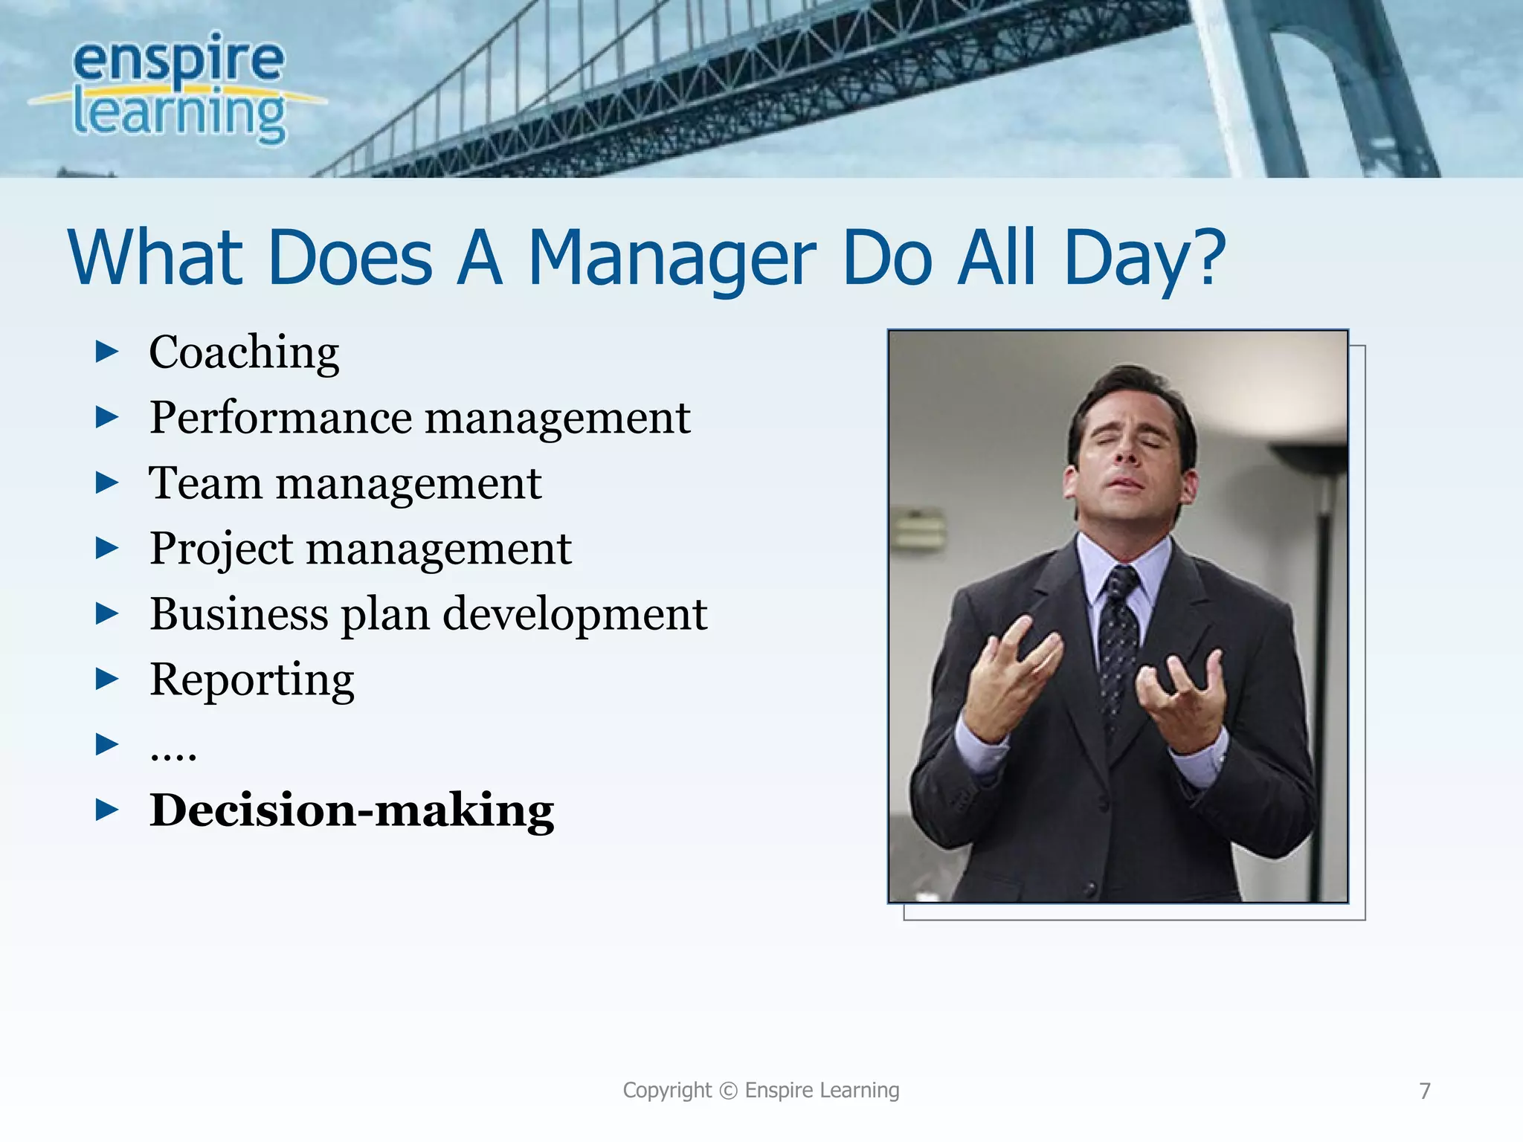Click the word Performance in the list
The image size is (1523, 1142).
pos(280,417)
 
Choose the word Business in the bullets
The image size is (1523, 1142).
pos(239,614)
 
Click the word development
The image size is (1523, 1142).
pos(575,616)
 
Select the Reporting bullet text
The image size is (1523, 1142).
pos(251,680)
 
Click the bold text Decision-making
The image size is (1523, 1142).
pos(352,810)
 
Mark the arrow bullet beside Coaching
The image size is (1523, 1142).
pos(107,352)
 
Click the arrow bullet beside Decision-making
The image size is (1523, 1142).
pos(107,810)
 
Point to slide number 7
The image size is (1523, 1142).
pos(1425,1091)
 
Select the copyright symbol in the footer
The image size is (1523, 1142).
pos(729,1091)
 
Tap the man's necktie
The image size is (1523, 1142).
pos(1118,639)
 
